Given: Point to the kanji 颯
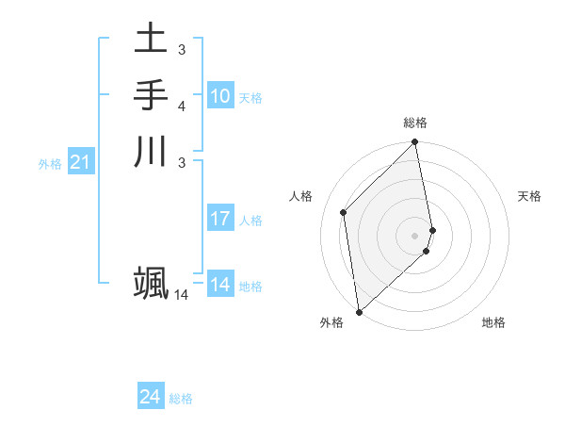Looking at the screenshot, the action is click(x=152, y=283).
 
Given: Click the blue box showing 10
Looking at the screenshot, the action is click(x=220, y=96).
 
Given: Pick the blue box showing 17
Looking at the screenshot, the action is click(x=220, y=220).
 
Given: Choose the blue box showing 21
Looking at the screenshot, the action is click(x=81, y=163).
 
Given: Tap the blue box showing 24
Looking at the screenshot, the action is click(x=151, y=398).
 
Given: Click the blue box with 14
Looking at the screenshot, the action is click(x=220, y=286).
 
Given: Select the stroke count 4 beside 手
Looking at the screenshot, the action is click(x=182, y=106).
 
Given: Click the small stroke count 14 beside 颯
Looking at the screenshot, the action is click(x=182, y=295).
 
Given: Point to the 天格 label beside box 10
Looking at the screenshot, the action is click(x=250, y=97).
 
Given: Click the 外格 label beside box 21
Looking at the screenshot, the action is click(x=50, y=164).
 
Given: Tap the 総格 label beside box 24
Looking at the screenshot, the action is click(x=181, y=399).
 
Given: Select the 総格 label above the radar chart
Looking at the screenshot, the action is click(x=415, y=123).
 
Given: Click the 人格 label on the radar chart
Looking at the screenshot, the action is click(x=301, y=196).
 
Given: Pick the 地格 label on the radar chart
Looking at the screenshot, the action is click(x=493, y=322).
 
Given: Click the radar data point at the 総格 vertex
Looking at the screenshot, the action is click(x=415, y=143).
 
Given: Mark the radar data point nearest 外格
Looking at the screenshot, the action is click(x=359, y=311).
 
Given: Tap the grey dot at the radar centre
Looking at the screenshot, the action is click(x=415, y=236).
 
